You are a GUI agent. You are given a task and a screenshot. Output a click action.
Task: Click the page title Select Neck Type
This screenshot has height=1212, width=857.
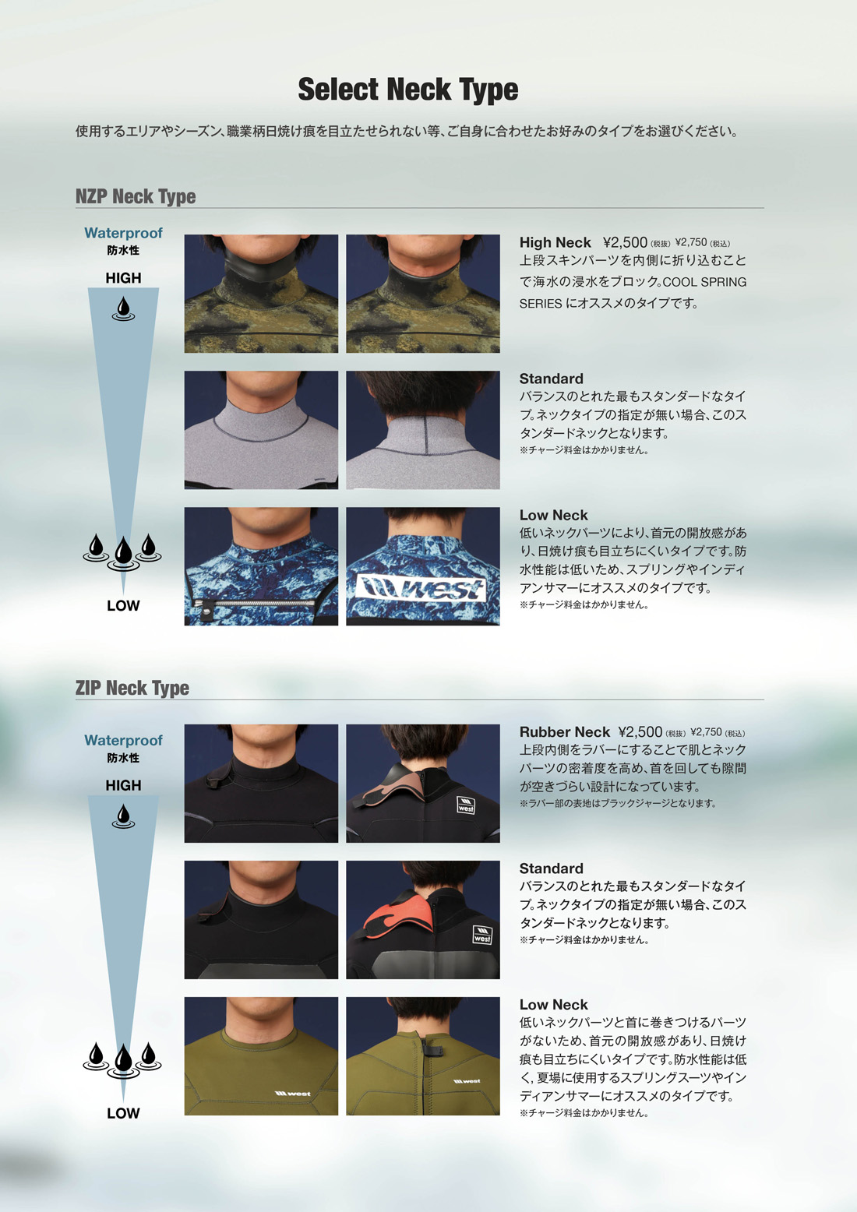[408, 90]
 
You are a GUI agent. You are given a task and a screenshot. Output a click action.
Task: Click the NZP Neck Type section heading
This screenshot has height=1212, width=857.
[136, 196]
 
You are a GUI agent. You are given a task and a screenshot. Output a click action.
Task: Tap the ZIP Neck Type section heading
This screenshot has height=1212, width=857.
[132, 688]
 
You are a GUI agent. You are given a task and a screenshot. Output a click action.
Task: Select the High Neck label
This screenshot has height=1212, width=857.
[555, 242]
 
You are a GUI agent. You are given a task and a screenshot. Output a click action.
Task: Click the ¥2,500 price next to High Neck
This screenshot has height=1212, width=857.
[625, 242]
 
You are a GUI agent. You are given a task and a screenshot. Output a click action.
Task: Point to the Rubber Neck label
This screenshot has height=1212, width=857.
[564, 732]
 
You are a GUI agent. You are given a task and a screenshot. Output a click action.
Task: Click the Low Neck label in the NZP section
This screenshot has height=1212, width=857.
[553, 515]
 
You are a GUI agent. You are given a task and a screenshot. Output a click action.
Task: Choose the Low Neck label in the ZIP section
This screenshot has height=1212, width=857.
[553, 1005]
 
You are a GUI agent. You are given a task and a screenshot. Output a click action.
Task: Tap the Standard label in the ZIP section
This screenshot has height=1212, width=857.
[552, 868]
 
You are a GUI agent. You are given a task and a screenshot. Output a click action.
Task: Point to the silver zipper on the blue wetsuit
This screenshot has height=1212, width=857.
[251, 603]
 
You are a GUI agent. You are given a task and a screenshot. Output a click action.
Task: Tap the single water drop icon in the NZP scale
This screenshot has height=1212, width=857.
[123, 308]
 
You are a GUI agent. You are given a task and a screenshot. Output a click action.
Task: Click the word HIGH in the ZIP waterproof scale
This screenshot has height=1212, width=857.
[123, 785]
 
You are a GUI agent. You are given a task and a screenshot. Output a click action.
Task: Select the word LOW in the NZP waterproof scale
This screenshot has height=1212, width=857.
[123, 605]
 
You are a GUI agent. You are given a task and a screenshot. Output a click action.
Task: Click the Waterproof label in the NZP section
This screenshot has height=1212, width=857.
[123, 233]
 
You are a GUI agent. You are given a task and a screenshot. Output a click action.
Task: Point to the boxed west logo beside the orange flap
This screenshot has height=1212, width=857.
[482, 935]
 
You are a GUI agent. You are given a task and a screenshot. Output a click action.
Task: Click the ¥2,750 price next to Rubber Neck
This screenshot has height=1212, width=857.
[706, 732]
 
